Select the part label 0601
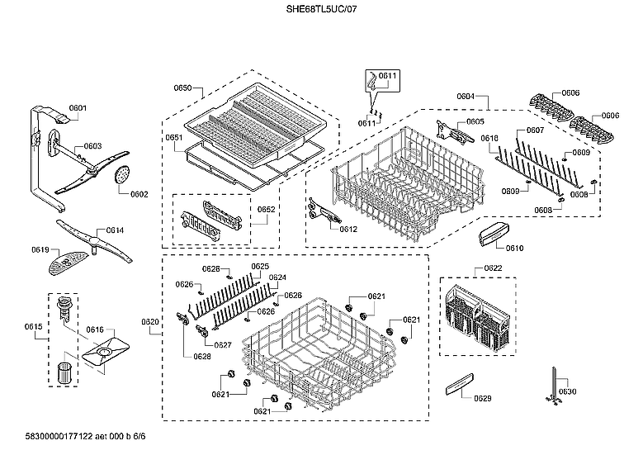[x=78, y=108]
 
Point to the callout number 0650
[x=182, y=88]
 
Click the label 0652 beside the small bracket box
[x=266, y=210]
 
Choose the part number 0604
[x=466, y=97]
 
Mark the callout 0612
[x=348, y=229]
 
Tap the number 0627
[x=222, y=344]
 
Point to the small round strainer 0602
[x=124, y=174]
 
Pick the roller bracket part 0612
[x=322, y=212]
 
